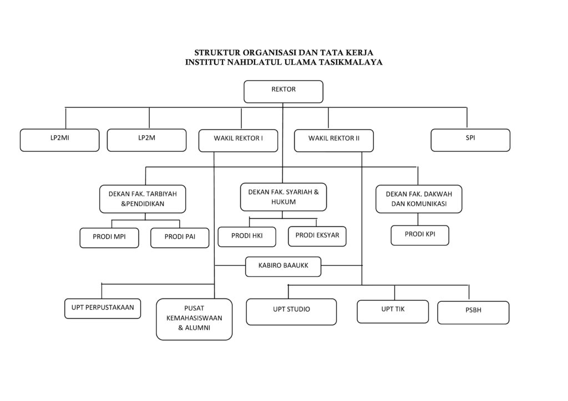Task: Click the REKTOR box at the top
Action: click(x=283, y=91)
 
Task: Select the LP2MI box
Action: click(x=60, y=140)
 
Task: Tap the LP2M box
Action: click(x=146, y=140)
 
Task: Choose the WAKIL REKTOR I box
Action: click(x=239, y=141)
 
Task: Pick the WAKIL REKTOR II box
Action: click(x=334, y=141)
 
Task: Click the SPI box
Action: click(x=470, y=140)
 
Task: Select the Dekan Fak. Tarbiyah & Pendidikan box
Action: click(x=143, y=199)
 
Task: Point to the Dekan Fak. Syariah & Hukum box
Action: click(x=283, y=197)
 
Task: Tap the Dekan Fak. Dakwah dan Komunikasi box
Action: click(x=419, y=199)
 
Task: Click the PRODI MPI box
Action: click(x=109, y=238)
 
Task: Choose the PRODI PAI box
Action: click(x=180, y=238)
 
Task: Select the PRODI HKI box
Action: click(x=247, y=237)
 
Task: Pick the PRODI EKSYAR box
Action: click(x=317, y=237)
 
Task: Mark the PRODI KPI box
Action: click(x=420, y=235)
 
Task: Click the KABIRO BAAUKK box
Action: click(x=283, y=267)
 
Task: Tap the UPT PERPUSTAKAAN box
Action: click(x=103, y=309)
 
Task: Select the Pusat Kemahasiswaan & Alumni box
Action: click(x=195, y=319)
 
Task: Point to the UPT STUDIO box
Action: click(x=292, y=312)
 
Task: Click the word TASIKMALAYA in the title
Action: click(x=351, y=62)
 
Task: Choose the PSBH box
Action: click(x=474, y=312)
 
